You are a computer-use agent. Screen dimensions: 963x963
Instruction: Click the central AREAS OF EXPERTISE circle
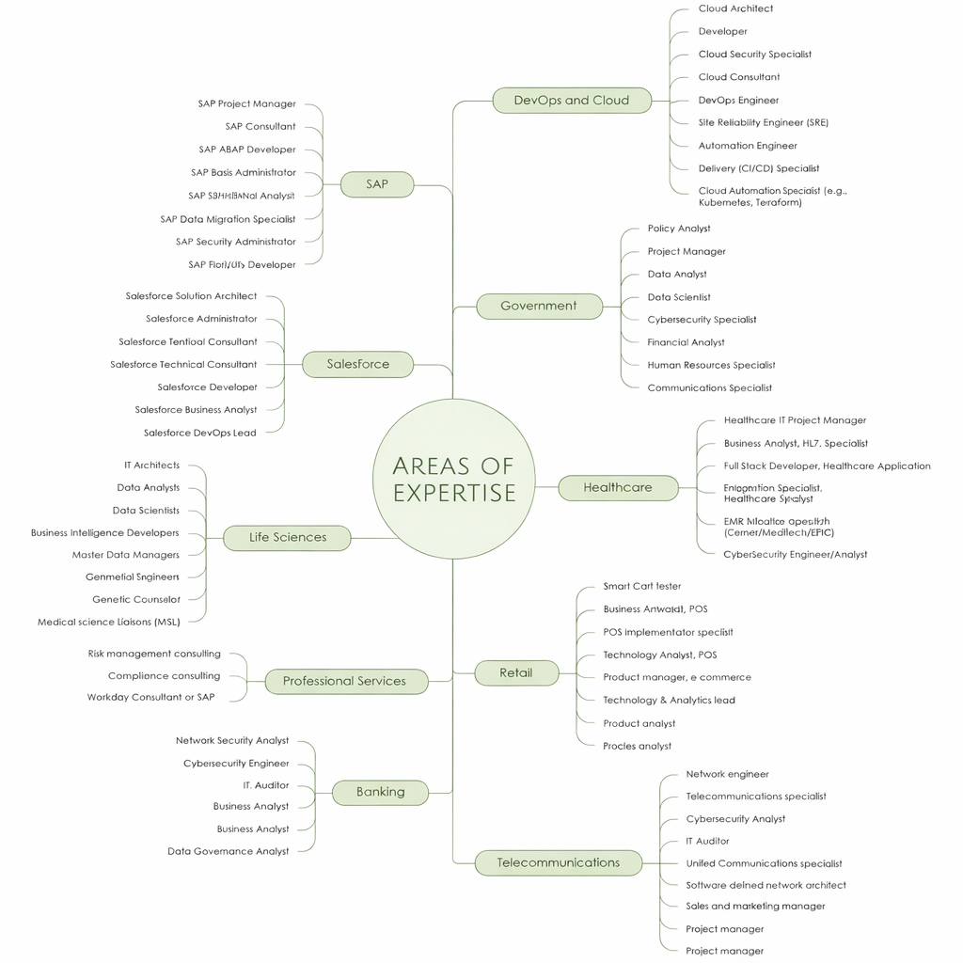point(454,480)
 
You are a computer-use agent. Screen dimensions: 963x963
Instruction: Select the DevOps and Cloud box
point(572,101)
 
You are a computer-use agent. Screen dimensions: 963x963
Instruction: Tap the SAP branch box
point(377,184)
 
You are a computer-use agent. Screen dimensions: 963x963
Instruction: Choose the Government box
point(539,306)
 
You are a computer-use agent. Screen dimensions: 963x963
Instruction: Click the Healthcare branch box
point(618,487)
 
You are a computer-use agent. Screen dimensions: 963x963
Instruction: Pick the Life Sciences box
point(288,538)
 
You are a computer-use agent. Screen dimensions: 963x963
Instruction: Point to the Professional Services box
point(345,681)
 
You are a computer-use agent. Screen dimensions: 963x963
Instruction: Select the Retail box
point(516,673)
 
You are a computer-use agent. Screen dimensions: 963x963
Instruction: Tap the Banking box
point(380,792)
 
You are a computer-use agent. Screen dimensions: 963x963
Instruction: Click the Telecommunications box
point(558,862)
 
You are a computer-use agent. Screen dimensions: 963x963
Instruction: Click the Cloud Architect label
point(735,8)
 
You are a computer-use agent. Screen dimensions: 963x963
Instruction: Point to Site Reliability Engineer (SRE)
point(763,122)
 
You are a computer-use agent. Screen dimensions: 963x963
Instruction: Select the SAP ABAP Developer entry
point(247,150)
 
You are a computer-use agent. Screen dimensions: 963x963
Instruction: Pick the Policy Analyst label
point(679,229)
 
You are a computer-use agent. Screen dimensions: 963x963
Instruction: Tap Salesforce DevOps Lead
point(199,433)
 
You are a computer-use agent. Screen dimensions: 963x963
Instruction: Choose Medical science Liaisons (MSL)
point(108,622)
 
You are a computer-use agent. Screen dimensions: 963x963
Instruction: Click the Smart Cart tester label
point(641,586)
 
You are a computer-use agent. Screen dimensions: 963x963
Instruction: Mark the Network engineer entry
point(727,774)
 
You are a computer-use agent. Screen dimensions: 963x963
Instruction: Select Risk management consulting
point(154,654)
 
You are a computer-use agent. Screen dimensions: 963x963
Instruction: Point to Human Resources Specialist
point(711,365)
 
